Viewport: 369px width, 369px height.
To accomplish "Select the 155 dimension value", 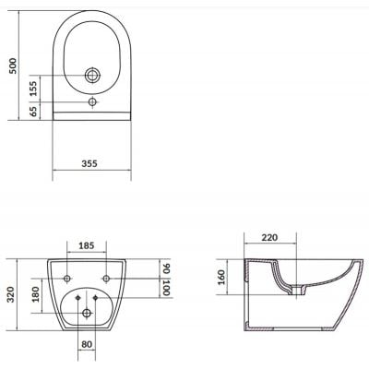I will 32,89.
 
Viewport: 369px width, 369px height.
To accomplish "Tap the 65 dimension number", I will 32,112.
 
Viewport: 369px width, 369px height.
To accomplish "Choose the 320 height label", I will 12,295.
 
